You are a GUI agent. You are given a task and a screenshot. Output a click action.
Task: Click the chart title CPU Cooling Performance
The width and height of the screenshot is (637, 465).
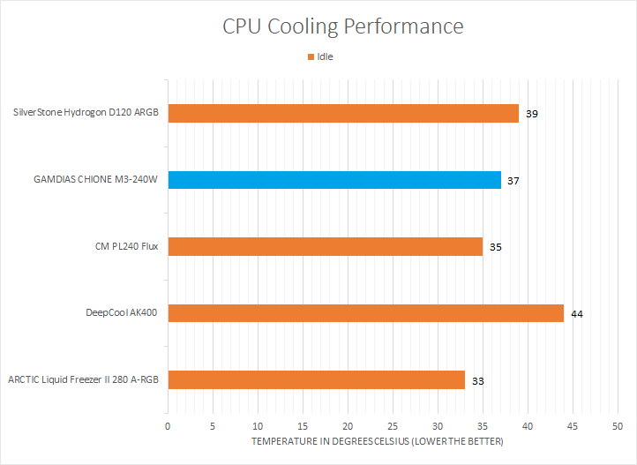click(x=342, y=26)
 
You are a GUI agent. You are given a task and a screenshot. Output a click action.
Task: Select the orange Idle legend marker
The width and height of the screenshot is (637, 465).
click(x=311, y=56)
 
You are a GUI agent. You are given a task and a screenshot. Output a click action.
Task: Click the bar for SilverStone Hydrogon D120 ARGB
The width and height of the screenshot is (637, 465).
click(x=343, y=113)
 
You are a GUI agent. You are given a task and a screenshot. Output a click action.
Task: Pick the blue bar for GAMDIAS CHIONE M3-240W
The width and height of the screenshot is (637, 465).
click(x=334, y=180)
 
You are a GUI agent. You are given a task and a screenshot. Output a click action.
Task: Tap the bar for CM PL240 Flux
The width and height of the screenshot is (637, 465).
click(x=325, y=246)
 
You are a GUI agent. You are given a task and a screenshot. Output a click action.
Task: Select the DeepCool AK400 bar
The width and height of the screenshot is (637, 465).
click(x=365, y=312)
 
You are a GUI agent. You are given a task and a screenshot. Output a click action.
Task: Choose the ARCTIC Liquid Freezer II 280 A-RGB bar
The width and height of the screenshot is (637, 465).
click(x=316, y=379)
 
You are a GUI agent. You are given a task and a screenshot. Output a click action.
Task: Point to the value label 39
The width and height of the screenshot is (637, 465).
click(x=532, y=114)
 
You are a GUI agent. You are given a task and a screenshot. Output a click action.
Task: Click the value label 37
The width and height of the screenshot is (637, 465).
click(x=513, y=181)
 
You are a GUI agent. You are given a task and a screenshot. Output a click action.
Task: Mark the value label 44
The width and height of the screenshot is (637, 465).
click(x=577, y=313)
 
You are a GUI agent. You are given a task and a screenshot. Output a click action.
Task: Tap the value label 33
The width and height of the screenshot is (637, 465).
click(x=477, y=380)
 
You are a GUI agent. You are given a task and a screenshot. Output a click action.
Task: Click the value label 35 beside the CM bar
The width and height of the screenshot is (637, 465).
click(x=496, y=247)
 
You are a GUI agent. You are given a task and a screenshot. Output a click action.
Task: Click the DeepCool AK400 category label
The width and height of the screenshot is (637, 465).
click(x=122, y=312)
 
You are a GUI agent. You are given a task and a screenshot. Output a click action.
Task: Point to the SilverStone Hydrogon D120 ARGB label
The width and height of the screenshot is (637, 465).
click(x=86, y=113)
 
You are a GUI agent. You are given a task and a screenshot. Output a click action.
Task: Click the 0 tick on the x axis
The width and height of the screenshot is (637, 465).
click(x=168, y=426)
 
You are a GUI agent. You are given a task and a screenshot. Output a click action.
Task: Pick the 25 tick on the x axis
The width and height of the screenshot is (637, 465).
click(x=393, y=426)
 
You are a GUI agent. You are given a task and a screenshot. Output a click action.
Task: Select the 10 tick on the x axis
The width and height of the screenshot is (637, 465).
click(x=258, y=426)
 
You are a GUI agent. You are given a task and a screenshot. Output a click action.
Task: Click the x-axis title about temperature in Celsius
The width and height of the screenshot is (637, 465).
click(x=377, y=441)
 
